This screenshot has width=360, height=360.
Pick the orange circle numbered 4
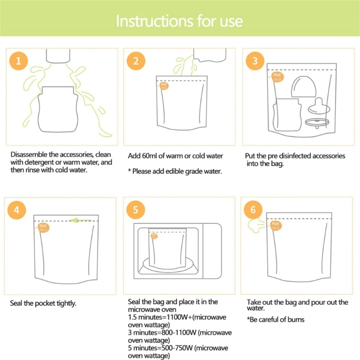point(17,210)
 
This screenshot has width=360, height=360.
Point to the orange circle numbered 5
point(136,210)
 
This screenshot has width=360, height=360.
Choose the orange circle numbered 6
point(253,210)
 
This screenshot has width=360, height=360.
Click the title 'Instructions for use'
point(180,21)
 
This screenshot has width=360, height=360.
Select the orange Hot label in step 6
point(275,225)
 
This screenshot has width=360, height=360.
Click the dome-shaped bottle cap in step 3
point(303,86)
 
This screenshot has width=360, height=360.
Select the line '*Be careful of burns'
point(275,319)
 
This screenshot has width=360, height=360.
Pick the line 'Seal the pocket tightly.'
point(43,303)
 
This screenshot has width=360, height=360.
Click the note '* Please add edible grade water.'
point(175,171)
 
